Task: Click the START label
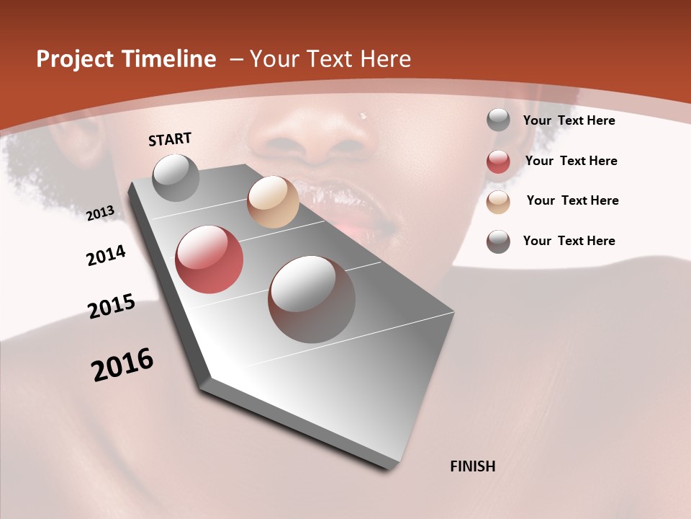170,139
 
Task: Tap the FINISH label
472,466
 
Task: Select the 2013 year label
100,213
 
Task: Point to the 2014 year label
107,256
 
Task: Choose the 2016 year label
122,365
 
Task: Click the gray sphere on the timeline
176,177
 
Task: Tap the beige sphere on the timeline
273,202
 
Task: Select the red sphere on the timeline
209,259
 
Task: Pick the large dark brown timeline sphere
312,299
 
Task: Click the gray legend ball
498,120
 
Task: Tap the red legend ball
498,161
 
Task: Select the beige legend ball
498,202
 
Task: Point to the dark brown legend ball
498,241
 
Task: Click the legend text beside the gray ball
569,121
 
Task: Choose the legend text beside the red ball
571,161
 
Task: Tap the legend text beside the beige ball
572,200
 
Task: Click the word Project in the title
75,59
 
